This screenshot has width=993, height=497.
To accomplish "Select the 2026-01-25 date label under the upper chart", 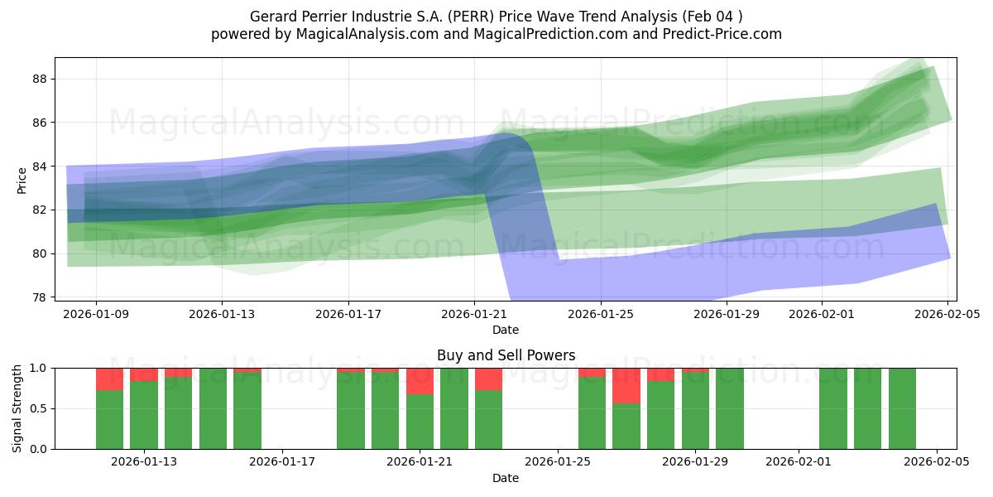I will [x=600, y=315].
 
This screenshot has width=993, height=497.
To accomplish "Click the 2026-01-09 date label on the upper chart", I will [x=96, y=315].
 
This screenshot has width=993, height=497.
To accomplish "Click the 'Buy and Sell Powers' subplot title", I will [x=506, y=355].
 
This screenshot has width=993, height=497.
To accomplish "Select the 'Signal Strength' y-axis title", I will [x=17, y=408].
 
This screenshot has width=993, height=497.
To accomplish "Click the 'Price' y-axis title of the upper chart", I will [x=22, y=179].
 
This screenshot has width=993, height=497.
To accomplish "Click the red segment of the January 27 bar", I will [x=626, y=385].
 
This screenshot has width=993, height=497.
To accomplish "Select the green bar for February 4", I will [x=902, y=408].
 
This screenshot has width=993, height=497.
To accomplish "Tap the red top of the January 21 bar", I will [x=420, y=381].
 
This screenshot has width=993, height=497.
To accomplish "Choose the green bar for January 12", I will [x=109, y=419].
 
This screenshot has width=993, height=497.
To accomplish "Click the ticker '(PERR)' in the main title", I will [x=473, y=17].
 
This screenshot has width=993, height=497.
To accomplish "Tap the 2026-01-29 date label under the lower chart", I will [x=696, y=462].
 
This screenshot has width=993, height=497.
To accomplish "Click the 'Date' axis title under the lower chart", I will [x=506, y=478].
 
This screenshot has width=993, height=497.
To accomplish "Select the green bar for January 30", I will [x=730, y=408].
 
